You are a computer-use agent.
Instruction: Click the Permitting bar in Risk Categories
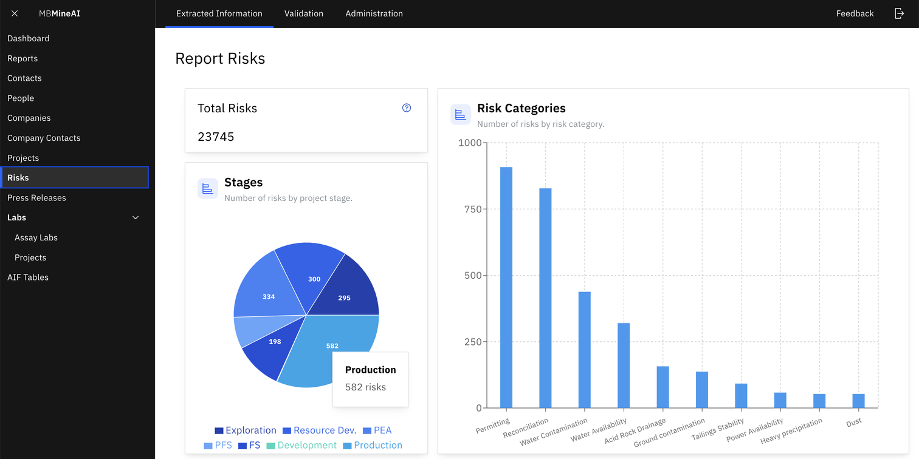[x=506, y=287]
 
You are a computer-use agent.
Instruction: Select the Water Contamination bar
[x=584, y=350]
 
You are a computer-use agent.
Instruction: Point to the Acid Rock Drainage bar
[x=663, y=387]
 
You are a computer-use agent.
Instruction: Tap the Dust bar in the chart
[x=858, y=401]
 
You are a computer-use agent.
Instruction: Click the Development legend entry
[x=301, y=445]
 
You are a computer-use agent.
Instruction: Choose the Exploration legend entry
[x=246, y=430]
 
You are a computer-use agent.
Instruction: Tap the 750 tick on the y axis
[x=473, y=209]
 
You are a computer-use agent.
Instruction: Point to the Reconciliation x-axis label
[x=526, y=427]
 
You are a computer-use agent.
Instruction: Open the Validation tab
[x=304, y=13]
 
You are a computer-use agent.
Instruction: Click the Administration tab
[x=374, y=13]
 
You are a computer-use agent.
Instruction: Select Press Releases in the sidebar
[x=36, y=197]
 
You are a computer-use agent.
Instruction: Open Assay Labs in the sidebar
[x=36, y=237]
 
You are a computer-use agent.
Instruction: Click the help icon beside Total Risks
[x=406, y=108]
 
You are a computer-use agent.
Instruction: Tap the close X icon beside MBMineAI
[x=15, y=13]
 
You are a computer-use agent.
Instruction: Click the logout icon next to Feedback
[x=899, y=13]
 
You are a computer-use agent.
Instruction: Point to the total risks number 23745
[x=216, y=137]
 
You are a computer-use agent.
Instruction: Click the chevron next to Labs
[x=136, y=217]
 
